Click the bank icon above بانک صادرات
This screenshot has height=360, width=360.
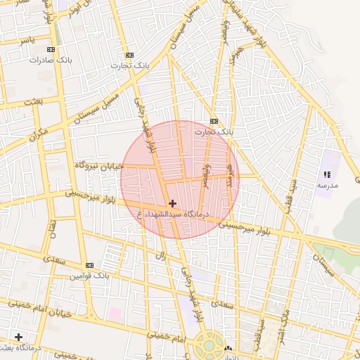coord(50,50)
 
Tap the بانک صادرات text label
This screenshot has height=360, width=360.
coord(46,60)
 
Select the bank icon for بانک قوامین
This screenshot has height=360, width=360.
coord(89,265)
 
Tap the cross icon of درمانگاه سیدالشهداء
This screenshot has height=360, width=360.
coord(172,203)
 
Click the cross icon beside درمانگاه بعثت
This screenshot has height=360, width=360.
coord(18,337)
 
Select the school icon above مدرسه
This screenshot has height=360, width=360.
coord(326,174)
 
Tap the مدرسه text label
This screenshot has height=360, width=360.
coord(327,185)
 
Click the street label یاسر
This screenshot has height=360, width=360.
coord(27,40)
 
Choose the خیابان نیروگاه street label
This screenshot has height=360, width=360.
coord(99,165)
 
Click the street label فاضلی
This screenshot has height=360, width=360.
coord(206,176)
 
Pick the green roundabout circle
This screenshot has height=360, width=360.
coord(209,345)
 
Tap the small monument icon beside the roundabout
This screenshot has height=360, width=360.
coord(227,348)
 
